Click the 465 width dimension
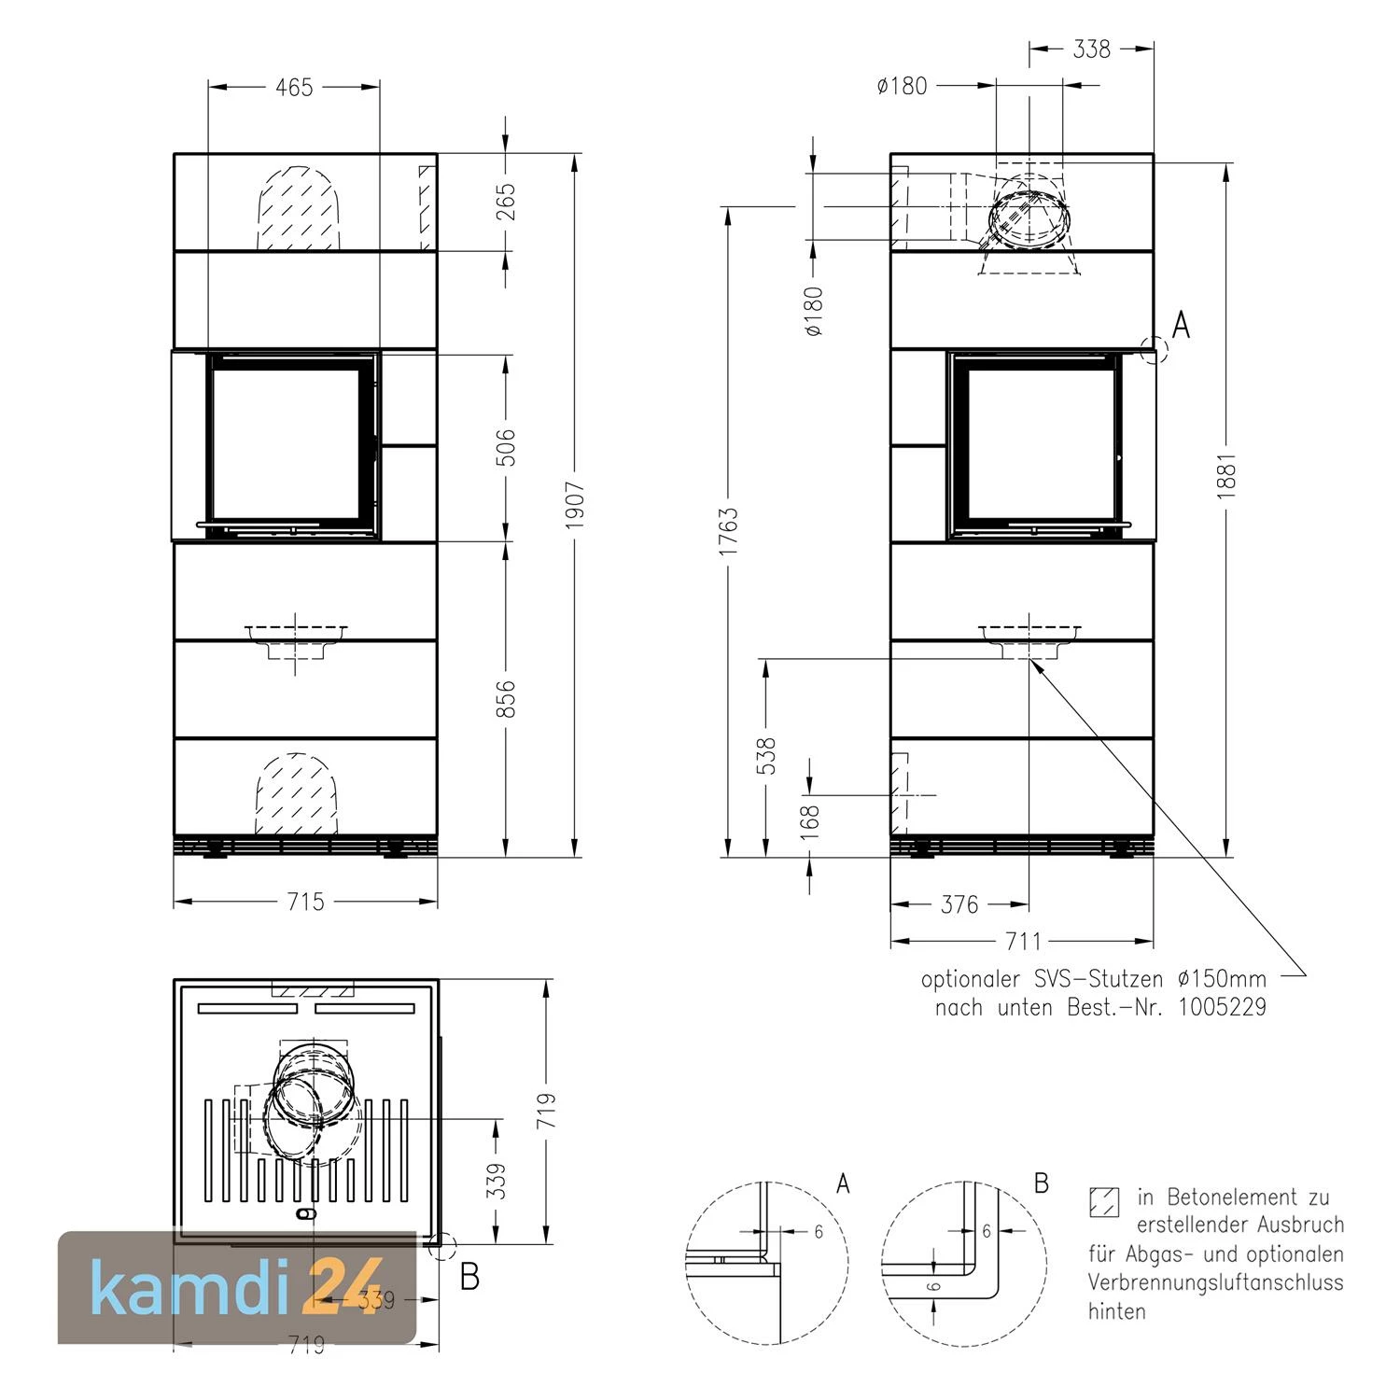point(294,87)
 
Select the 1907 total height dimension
point(575,505)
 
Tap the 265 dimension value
point(506,203)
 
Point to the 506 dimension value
point(506,447)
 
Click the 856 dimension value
point(506,699)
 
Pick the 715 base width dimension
point(306,902)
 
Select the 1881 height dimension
point(1226,476)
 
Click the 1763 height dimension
point(729,531)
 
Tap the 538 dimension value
point(766,756)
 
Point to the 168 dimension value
point(810,821)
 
